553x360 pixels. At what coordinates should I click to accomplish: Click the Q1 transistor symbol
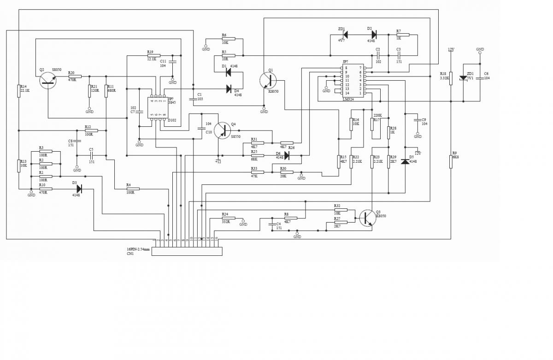(x=267, y=80)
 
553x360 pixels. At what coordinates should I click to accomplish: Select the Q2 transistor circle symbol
(x=47, y=80)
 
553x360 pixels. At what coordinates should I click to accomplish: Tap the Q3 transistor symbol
(x=368, y=218)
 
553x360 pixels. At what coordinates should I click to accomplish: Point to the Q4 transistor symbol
(x=222, y=130)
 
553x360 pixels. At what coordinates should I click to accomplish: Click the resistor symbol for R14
(x=19, y=91)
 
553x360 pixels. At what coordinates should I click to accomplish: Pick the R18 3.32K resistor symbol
(x=451, y=78)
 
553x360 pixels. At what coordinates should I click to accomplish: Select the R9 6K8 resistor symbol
(x=451, y=161)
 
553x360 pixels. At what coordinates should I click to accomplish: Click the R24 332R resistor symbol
(x=225, y=218)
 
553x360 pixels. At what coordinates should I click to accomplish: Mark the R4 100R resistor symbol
(x=133, y=189)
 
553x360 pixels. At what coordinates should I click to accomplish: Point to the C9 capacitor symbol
(x=418, y=120)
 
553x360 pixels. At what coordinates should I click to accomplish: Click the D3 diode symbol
(x=79, y=189)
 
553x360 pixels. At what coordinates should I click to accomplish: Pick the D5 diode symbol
(x=405, y=161)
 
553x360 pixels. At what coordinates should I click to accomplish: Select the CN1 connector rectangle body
(x=187, y=251)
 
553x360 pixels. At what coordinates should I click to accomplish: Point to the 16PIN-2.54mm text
(x=138, y=249)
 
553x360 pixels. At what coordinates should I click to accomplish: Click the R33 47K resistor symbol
(x=257, y=172)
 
